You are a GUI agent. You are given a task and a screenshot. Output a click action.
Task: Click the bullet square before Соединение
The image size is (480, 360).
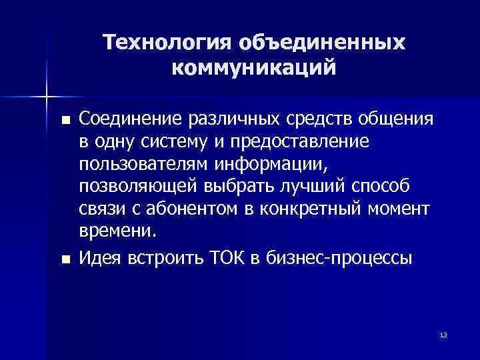point(64,121)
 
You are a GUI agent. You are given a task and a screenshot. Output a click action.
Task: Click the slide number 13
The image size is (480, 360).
point(443,334)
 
